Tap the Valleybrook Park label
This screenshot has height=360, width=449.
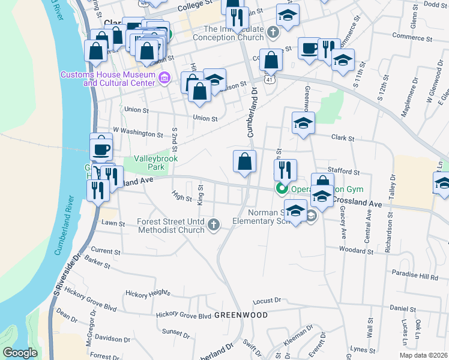pyautogui.click(x=156, y=163)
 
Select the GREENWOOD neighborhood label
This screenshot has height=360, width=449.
pyautogui.click(x=240, y=314)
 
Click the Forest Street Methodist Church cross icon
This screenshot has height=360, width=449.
pyautogui.click(x=214, y=225)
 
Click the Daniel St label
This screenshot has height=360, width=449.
pyautogui.click(x=403, y=308)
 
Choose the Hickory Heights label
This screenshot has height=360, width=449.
pyautogui.click(x=148, y=293)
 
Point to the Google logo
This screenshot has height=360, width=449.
pyautogui.click(x=20, y=353)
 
